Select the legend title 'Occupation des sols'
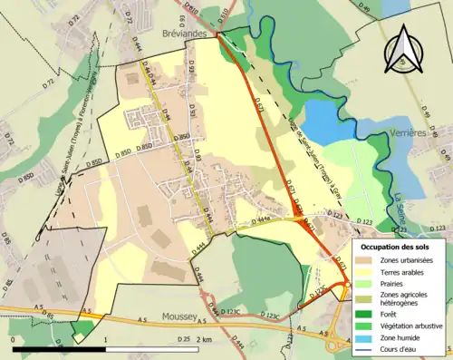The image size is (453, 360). point(399,247)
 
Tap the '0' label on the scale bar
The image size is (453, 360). point(14,339)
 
